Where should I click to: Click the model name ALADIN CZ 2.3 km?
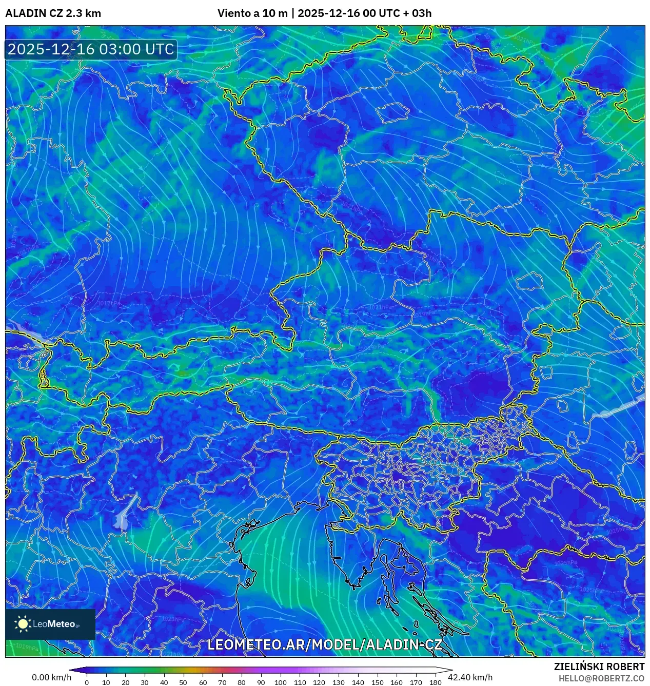(x=53, y=13)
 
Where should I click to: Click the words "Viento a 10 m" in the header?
(x=252, y=13)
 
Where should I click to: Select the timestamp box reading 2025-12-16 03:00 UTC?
(x=91, y=49)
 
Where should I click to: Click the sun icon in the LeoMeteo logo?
(x=23, y=623)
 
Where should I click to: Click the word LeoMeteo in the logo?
(x=54, y=624)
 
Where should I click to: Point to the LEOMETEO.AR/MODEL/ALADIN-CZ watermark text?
(x=324, y=644)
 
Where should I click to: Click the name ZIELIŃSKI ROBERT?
(x=599, y=667)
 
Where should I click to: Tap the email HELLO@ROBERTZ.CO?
(x=601, y=678)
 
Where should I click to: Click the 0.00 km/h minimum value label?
(x=51, y=677)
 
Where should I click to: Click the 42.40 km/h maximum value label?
(x=470, y=677)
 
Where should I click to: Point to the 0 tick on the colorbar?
(x=87, y=682)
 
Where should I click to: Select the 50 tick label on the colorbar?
(x=183, y=682)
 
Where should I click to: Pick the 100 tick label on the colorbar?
(x=280, y=682)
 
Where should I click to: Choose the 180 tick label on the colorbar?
(x=435, y=682)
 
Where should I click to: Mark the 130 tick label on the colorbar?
(x=338, y=682)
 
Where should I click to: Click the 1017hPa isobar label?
(x=109, y=303)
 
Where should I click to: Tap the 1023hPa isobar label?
(x=173, y=619)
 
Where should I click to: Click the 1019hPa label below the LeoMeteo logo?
(x=26, y=646)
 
